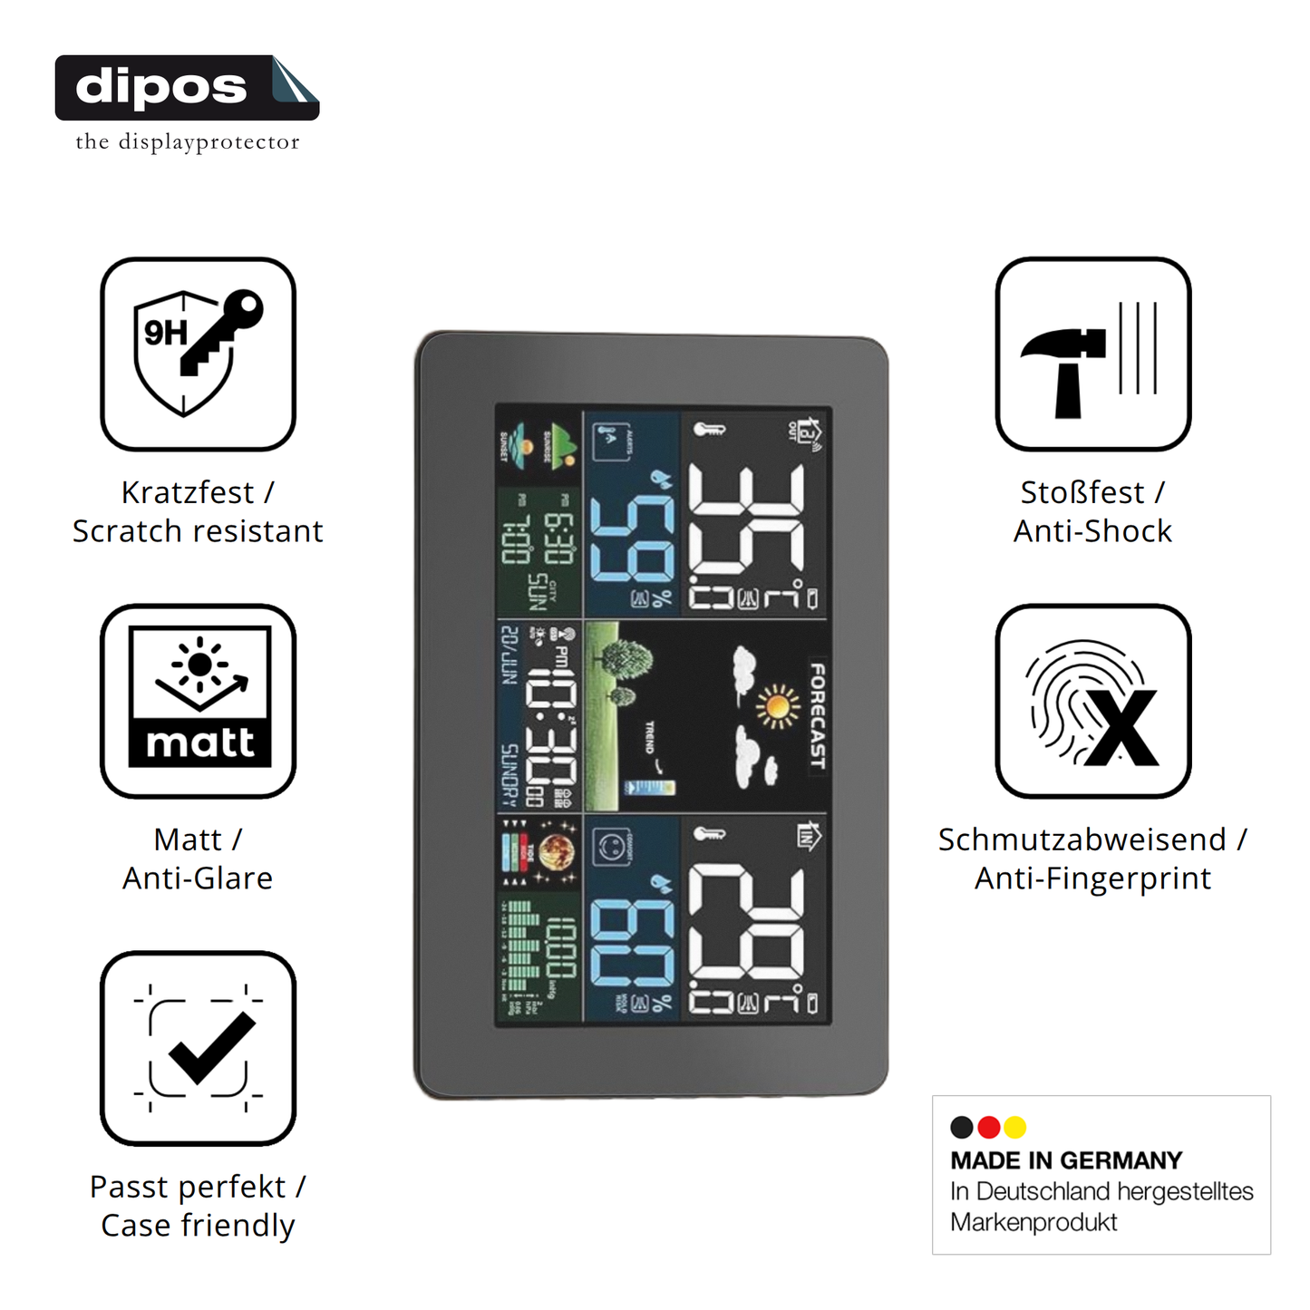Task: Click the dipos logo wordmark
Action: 161,87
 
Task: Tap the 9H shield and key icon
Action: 198,354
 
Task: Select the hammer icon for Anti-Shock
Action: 1092,354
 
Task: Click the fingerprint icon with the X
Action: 1092,701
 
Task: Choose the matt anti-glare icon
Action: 198,701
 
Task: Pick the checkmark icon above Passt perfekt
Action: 198,1048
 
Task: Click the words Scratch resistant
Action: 198,531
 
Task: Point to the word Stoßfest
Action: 1082,492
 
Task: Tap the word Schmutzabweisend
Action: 1082,839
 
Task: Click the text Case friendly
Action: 198,1226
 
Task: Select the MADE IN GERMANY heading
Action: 1066,1160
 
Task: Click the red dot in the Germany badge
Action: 989,1127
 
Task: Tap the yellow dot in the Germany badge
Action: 1015,1127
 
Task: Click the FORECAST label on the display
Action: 817,716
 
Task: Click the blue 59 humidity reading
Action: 632,539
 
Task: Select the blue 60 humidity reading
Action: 632,943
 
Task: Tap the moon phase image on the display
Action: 557,852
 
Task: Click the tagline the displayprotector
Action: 188,142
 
